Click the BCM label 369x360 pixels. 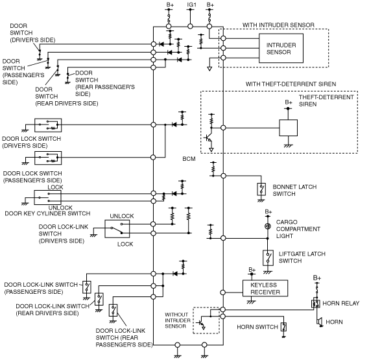pos(189,159)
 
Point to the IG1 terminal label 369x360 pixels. pos(191,5)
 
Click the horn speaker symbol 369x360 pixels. pos(320,322)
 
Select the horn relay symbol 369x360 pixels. pos(316,304)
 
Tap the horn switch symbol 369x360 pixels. pos(284,327)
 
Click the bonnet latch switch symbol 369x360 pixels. pos(261,189)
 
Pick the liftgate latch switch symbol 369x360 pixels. pos(268,258)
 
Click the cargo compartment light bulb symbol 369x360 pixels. pos(267,226)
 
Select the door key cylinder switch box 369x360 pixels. pos(47,198)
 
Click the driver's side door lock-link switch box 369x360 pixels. pos(117,229)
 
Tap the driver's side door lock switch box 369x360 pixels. pos(48,125)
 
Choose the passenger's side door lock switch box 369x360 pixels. pos(48,158)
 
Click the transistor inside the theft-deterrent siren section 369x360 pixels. pos(209,138)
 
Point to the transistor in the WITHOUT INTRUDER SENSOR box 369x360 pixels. pos(202,323)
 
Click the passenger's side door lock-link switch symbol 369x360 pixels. pos(87,287)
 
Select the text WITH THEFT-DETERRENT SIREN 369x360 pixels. pos(291,84)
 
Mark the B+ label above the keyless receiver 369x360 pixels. pos(252,270)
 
